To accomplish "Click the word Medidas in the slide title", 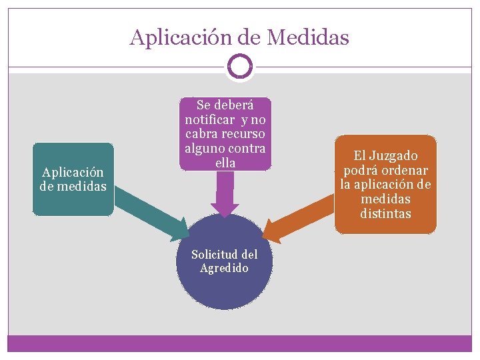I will [307, 37].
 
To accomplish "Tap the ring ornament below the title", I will [239, 66].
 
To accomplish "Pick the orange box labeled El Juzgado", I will [385, 184].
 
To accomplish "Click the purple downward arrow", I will [225, 193].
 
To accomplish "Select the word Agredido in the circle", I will [225, 268].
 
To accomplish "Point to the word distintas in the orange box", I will [385, 214].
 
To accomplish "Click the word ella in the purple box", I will [225, 162].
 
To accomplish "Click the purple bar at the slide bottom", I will [239, 343].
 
